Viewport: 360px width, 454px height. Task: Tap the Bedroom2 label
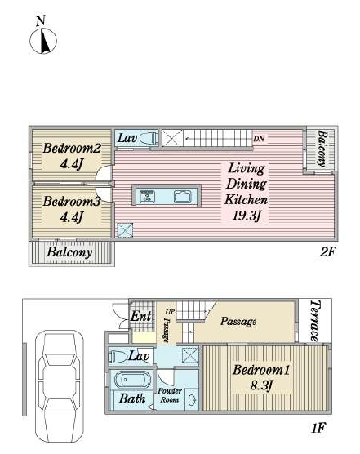[x=72, y=149]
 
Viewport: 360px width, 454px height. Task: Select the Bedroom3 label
[x=72, y=201]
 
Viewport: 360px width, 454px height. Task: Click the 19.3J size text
[x=247, y=216]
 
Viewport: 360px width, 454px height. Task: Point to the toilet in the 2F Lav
[x=149, y=138]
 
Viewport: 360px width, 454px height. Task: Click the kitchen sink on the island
[x=183, y=197]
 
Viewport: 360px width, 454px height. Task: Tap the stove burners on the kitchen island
[x=147, y=197]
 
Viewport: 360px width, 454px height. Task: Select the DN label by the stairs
[x=259, y=139]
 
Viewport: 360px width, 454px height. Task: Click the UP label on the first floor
[x=170, y=312]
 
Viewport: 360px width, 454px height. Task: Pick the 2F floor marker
[x=327, y=251]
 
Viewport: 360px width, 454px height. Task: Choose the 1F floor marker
[x=319, y=428]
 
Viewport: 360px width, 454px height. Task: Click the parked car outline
[x=60, y=383]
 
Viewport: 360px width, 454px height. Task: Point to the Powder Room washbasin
[x=192, y=401]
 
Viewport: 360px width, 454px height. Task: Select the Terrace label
[x=315, y=321]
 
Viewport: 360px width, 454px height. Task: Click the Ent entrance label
[x=141, y=316]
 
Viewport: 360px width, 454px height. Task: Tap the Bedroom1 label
[x=261, y=370]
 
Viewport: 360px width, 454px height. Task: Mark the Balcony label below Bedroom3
[x=69, y=252]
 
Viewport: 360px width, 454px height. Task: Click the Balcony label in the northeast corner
[x=322, y=149]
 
